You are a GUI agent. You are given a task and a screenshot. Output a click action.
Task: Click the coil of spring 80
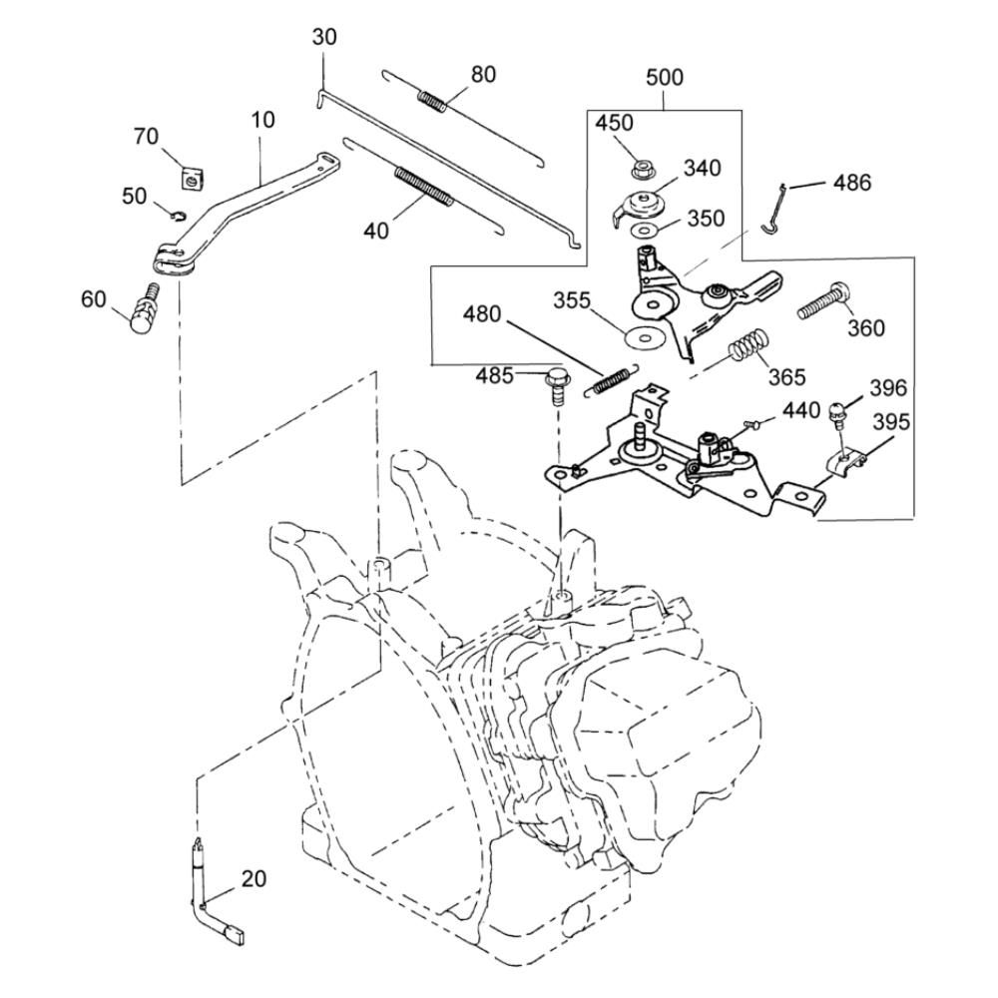(432, 101)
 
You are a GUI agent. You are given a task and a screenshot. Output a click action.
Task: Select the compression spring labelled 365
(746, 348)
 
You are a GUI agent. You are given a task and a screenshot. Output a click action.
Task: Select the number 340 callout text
(703, 167)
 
